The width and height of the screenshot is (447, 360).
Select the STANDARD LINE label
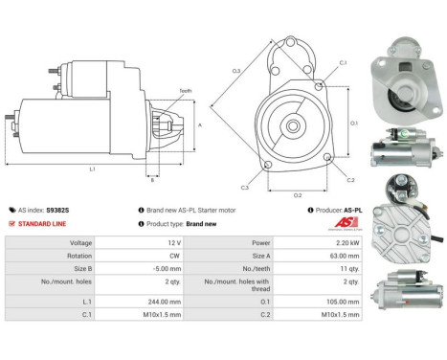pyautogui.click(x=41, y=224)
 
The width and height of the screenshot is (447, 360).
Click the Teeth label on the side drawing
pyautogui.click(x=184, y=91)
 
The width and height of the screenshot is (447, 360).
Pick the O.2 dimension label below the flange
pyautogui.click(x=298, y=195)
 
